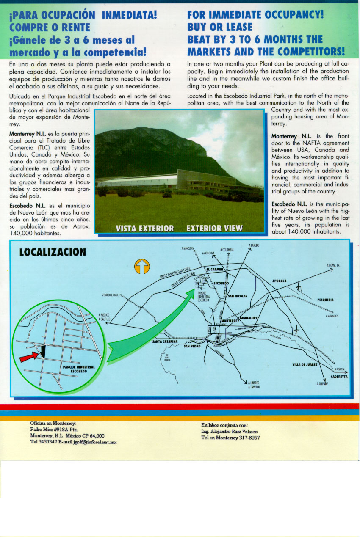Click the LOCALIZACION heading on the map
tap(53, 252)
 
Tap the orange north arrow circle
tap(142, 266)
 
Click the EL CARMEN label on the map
tap(214, 269)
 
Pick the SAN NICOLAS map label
tap(238, 296)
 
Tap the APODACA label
tap(279, 281)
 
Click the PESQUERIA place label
tap(325, 300)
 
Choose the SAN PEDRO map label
tap(192, 346)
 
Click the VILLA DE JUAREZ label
tap(305, 364)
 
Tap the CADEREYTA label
tap(339, 376)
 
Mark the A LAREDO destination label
tap(254, 245)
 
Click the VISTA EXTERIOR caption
tap(145, 229)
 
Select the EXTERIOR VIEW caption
tap(214, 229)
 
